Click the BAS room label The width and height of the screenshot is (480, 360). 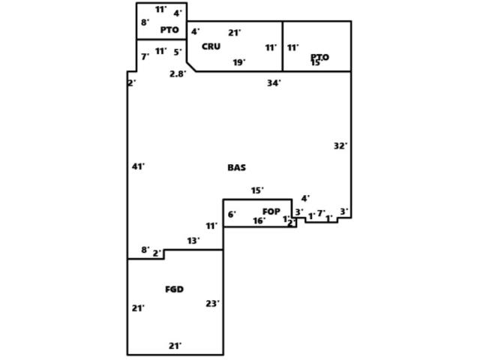(236, 168)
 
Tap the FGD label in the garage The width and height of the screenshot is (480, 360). (174, 289)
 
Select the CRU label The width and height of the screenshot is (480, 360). (211, 46)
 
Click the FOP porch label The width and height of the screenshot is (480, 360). (271, 211)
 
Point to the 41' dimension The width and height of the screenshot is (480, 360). (138, 166)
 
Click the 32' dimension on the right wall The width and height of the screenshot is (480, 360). (340, 146)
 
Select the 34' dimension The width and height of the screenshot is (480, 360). (274, 83)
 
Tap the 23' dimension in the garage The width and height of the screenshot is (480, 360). (212, 304)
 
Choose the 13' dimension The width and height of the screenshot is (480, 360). (193, 241)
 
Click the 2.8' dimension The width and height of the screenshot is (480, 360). (178, 73)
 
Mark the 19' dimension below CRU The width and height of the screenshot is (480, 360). (238, 63)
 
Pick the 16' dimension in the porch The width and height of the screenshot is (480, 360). (259, 220)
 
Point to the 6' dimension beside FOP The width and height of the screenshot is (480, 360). (232, 214)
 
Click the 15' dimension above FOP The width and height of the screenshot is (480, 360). (257, 190)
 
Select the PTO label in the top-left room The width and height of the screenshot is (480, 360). (169, 30)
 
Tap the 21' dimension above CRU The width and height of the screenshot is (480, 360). (234, 33)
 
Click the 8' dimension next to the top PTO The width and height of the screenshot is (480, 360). (145, 22)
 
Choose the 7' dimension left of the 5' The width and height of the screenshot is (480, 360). (145, 56)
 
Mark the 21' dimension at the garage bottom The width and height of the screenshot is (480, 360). (175, 346)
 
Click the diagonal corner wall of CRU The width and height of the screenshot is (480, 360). (191, 67)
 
